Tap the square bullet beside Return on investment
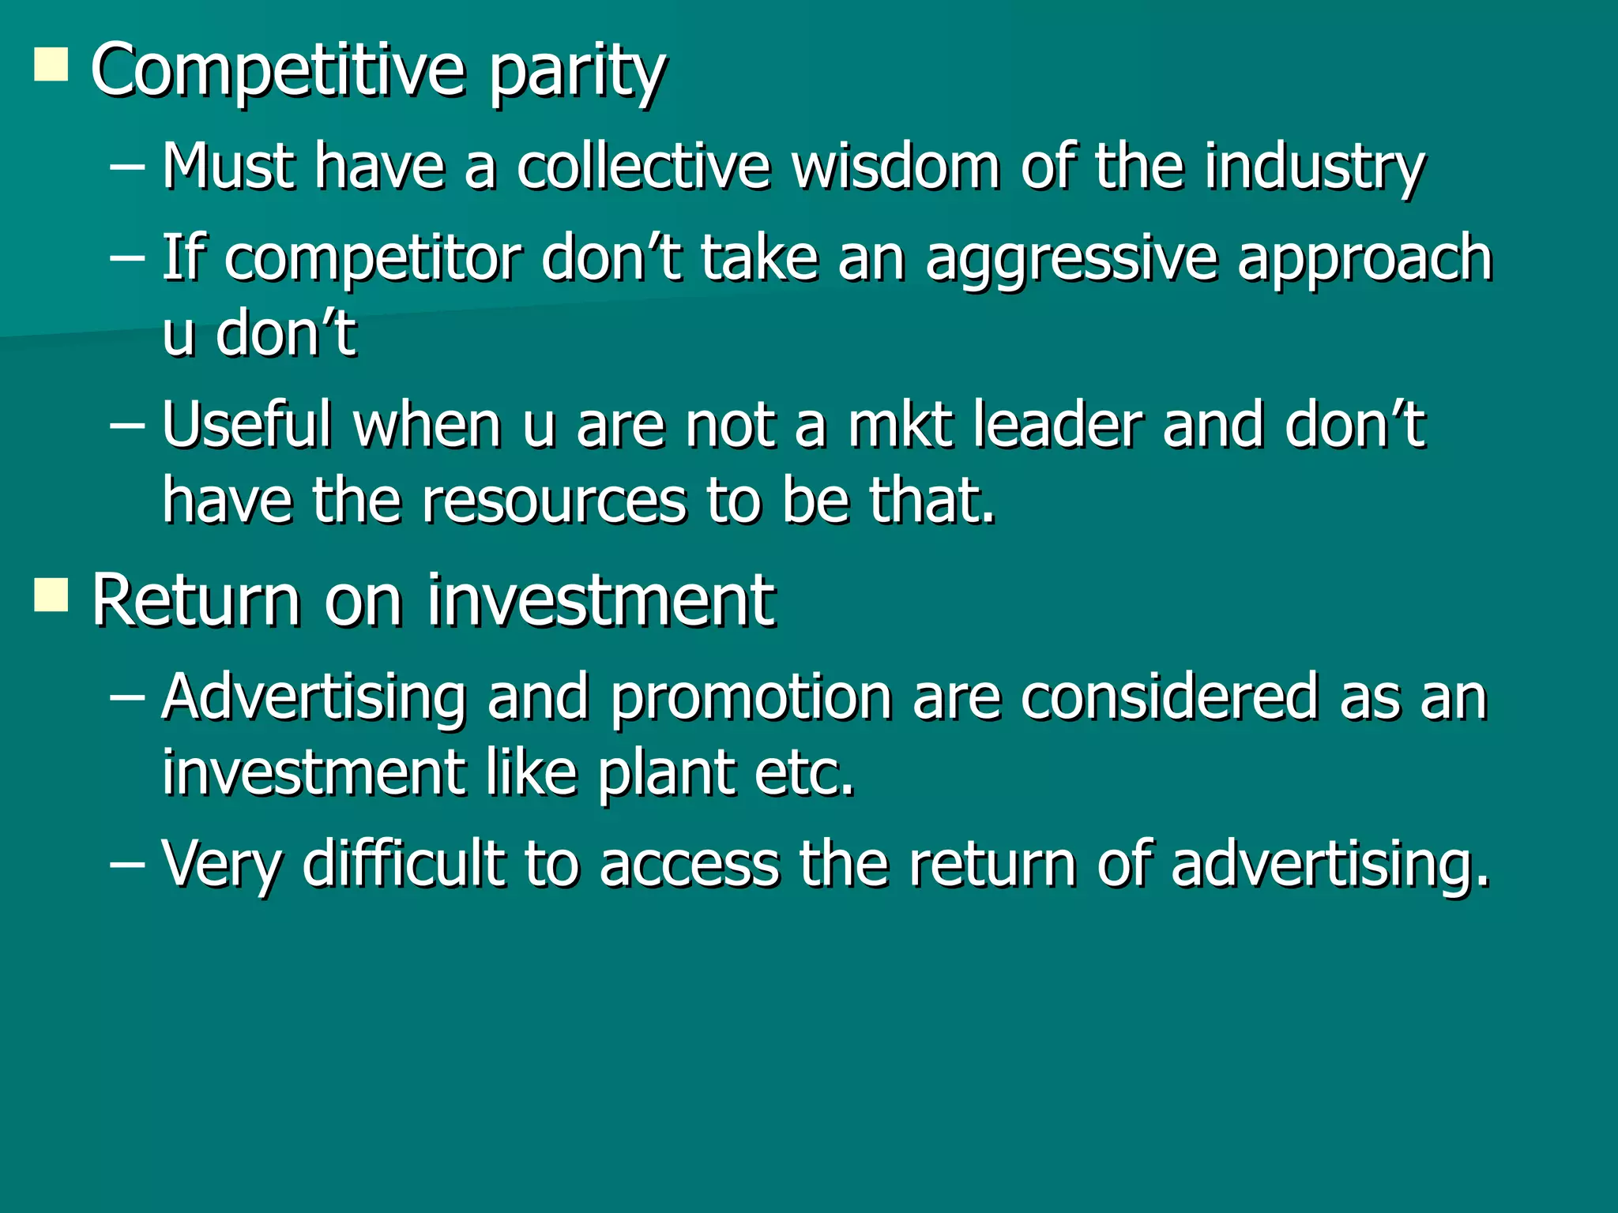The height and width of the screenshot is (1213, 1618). pos(51,595)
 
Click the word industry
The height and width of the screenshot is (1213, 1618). pos(1315,168)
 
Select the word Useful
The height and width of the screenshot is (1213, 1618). pos(246,424)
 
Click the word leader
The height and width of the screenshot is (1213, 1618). pos(1058,424)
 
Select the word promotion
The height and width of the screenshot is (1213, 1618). pos(751,699)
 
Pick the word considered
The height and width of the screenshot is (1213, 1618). pos(1169,697)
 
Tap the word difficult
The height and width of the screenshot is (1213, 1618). pos(403,863)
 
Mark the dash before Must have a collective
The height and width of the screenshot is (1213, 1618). pos(127,168)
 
